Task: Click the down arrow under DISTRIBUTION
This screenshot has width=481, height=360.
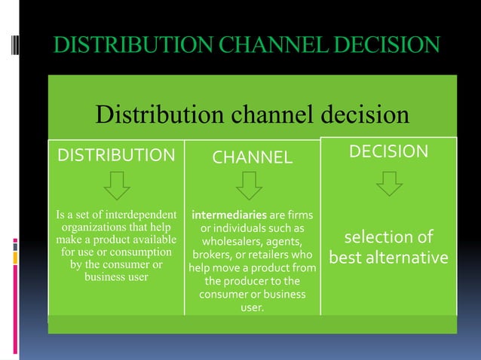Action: pos(116,185)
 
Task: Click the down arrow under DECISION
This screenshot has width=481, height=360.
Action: pos(389,182)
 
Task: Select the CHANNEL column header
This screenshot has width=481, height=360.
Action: pos(252,157)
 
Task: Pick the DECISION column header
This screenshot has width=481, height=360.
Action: pos(389,152)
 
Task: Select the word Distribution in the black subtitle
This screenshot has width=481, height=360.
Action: pos(157,115)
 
